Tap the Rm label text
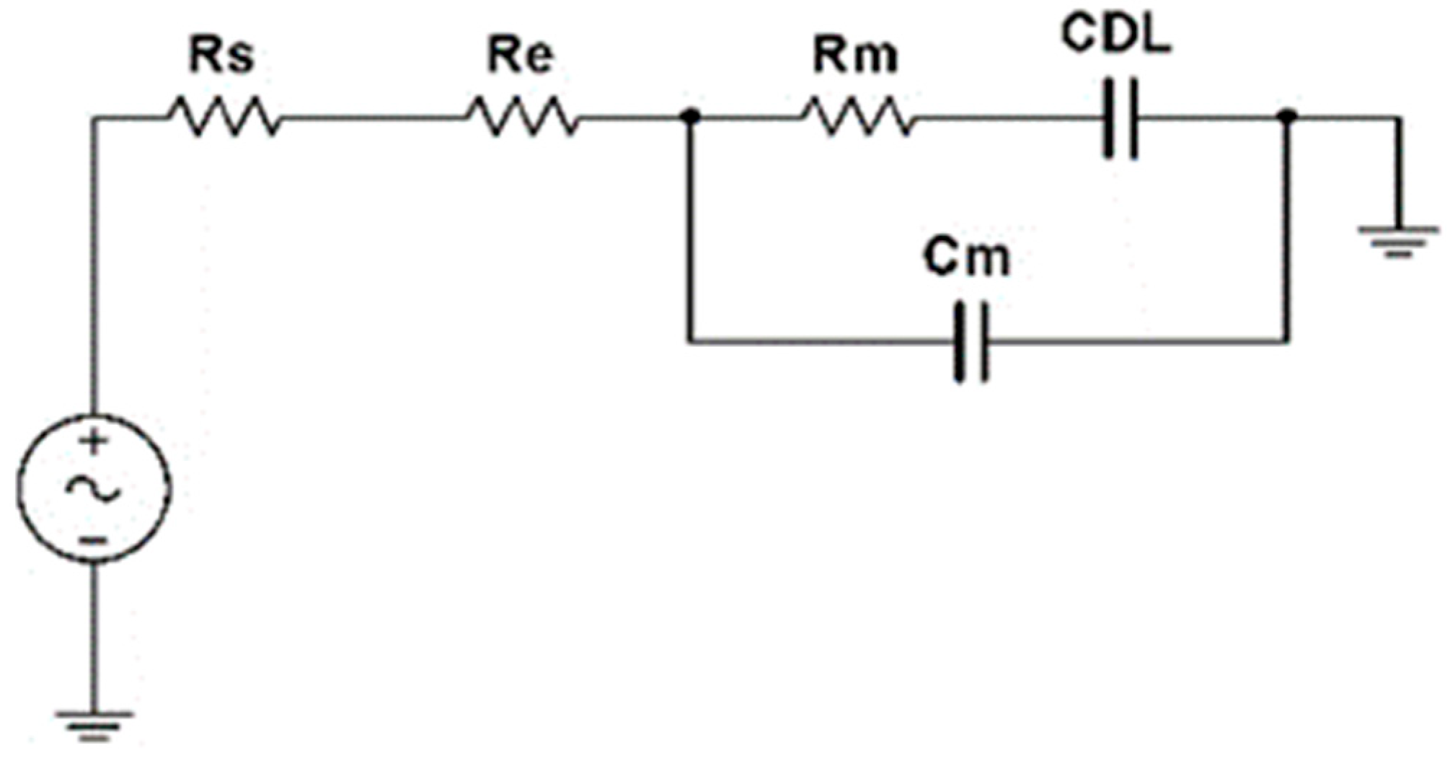coord(857,56)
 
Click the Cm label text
coord(968,260)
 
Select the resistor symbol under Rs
coord(224,118)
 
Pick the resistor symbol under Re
coord(522,118)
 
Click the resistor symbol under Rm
coord(858,118)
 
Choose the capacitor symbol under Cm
coord(971,341)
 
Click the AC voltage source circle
coord(94,488)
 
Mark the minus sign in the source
coord(94,540)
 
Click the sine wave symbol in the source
coord(94,489)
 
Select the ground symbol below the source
coord(94,725)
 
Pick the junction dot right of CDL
coord(1288,116)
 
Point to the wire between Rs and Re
coord(371,117)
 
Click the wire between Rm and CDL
coord(1009,117)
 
